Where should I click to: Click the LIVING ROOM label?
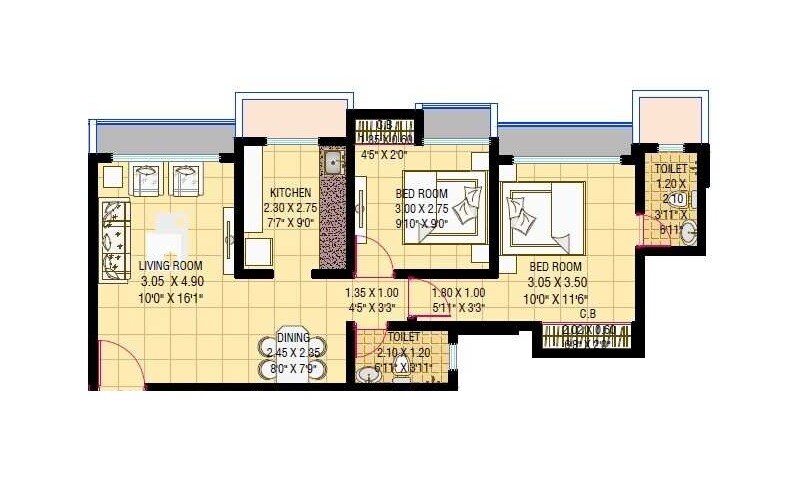click(x=170, y=265)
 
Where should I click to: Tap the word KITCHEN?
click(x=290, y=192)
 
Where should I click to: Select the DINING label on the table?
click(x=293, y=337)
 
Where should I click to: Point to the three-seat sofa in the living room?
click(x=114, y=238)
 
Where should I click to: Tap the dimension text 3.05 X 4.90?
click(x=170, y=281)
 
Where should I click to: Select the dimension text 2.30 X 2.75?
click(x=290, y=208)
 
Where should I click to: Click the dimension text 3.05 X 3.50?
click(x=560, y=282)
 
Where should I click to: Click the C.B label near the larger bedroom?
click(x=588, y=313)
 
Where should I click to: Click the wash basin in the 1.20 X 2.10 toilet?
click(x=690, y=229)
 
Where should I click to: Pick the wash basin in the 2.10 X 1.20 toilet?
click(x=364, y=375)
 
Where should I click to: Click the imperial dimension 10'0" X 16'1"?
click(x=170, y=297)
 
